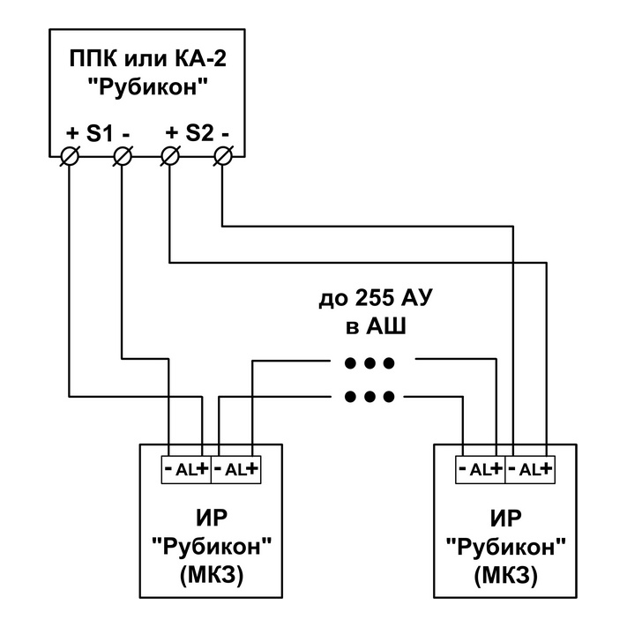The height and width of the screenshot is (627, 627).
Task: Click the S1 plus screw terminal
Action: click(70, 156)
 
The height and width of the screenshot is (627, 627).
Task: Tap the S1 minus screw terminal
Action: click(123, 156)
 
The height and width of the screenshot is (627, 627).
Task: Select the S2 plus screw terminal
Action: click(170, 156)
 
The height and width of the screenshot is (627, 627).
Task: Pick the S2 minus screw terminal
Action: click(223, 156)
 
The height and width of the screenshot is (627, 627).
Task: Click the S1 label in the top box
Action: click(100, 133)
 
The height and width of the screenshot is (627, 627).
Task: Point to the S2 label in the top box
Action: click(199, 133)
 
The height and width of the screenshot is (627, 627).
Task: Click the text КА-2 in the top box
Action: click(200, 58)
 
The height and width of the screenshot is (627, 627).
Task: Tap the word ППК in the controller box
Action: click(93, 58)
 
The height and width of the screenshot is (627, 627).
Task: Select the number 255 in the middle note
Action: click(374, 298)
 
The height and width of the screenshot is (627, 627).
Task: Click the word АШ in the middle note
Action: click(386, 326)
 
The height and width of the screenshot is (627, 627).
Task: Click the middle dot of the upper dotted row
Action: click(369, 363)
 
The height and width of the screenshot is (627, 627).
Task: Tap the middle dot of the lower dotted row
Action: click(369, 397)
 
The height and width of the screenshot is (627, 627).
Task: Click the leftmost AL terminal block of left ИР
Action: click(186, 469)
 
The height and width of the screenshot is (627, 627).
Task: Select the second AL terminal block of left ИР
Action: click(236, 469)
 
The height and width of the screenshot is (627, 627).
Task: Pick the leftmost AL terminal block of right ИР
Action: click(481, 469)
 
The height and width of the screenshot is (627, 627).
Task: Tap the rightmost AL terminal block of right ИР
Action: click(530, 469)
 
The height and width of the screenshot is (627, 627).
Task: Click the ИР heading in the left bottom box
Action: click(212, 518)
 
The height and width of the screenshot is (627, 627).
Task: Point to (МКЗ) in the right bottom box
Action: click(506, 576)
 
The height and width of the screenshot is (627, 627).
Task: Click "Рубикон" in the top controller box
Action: click(148, 86)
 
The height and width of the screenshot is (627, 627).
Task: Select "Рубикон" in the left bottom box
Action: click(212, 546)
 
